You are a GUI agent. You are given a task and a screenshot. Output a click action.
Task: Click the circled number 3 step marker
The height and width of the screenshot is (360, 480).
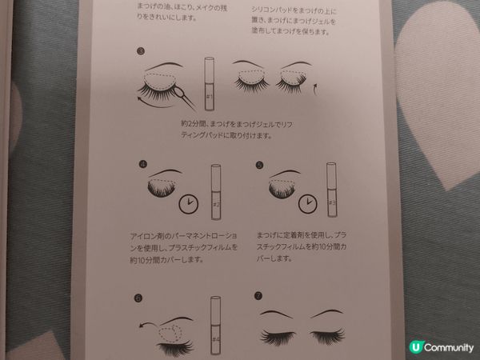[x=141, y=53]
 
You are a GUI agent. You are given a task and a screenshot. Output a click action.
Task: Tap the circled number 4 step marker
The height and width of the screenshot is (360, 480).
[x=142, y=166]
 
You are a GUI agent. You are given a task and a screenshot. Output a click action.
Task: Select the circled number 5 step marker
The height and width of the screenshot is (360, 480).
[x=259, y=166]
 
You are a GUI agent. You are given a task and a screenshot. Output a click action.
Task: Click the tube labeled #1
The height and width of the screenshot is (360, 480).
[x=208, y=85]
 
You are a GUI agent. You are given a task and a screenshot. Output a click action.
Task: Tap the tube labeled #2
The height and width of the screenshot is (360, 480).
[x=216, y=193]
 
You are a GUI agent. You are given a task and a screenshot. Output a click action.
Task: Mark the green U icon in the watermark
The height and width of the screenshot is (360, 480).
[x=414, y=346]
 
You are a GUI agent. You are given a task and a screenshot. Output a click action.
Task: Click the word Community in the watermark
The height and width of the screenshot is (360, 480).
[x=448, y=346]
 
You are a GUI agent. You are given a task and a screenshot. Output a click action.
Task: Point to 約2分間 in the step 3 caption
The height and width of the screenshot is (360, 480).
[x=195, y=126]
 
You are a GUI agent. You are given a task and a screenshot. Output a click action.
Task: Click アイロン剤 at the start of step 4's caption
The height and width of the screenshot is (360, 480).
[x=144, y=237]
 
